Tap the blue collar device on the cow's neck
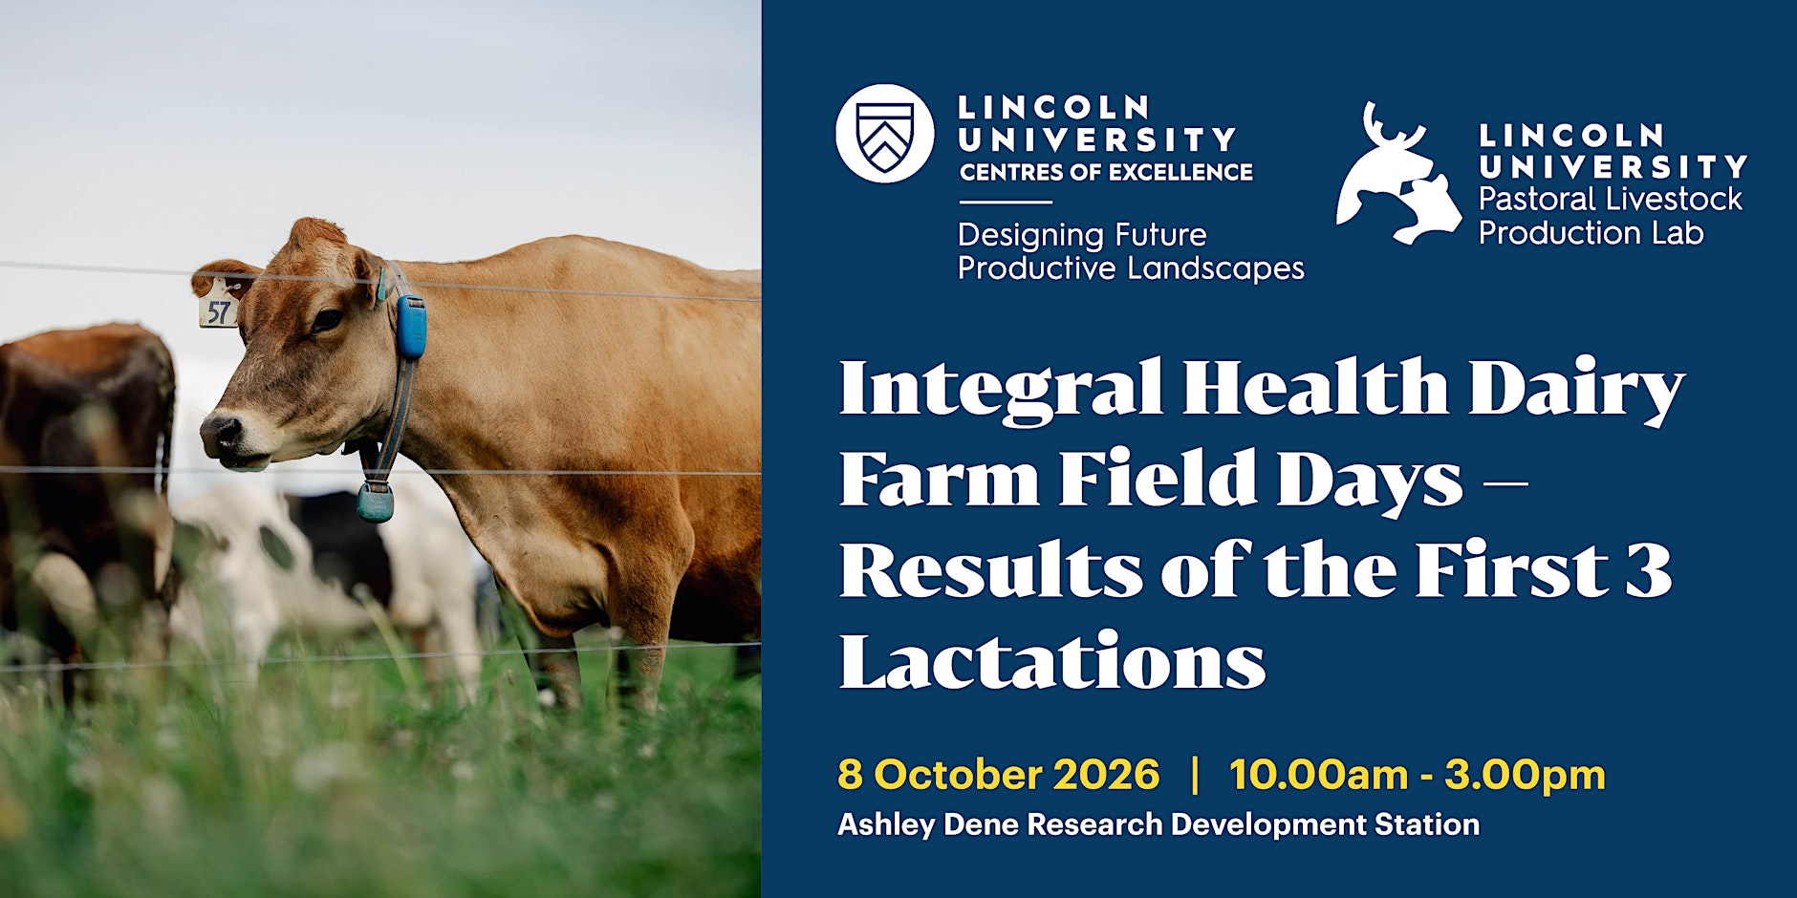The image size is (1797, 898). pyautogui.click(x=411, y=327)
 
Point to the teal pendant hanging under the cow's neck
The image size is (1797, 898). pyautogui.click(x=376, y=501)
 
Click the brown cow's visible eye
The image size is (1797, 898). pyautogui.click(x=326, y=320)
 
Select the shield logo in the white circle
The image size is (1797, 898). pyautogui.click(x=884, y=134)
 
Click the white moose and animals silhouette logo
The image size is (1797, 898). pyautogui.click(x=1398, y=174)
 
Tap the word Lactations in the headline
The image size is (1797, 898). pyautogui.click(x=1052, y=660)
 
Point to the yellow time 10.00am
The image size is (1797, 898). pyautogui.click(x=1318, y=774)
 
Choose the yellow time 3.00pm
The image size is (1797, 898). pyautogui.click(x=1526, y=776)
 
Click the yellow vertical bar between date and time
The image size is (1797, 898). pyautogui.click(x=1195, y=774)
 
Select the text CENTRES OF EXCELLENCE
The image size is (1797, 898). pyautogui.click(x=1106, y=172)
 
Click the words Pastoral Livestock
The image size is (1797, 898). pyautogui.click(x=1611, y=199)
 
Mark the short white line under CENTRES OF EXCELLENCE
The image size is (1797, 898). pyautogui.click(x=1005, y=203)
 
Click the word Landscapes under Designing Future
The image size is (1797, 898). pyautogui.click(x=1217, y=268)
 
